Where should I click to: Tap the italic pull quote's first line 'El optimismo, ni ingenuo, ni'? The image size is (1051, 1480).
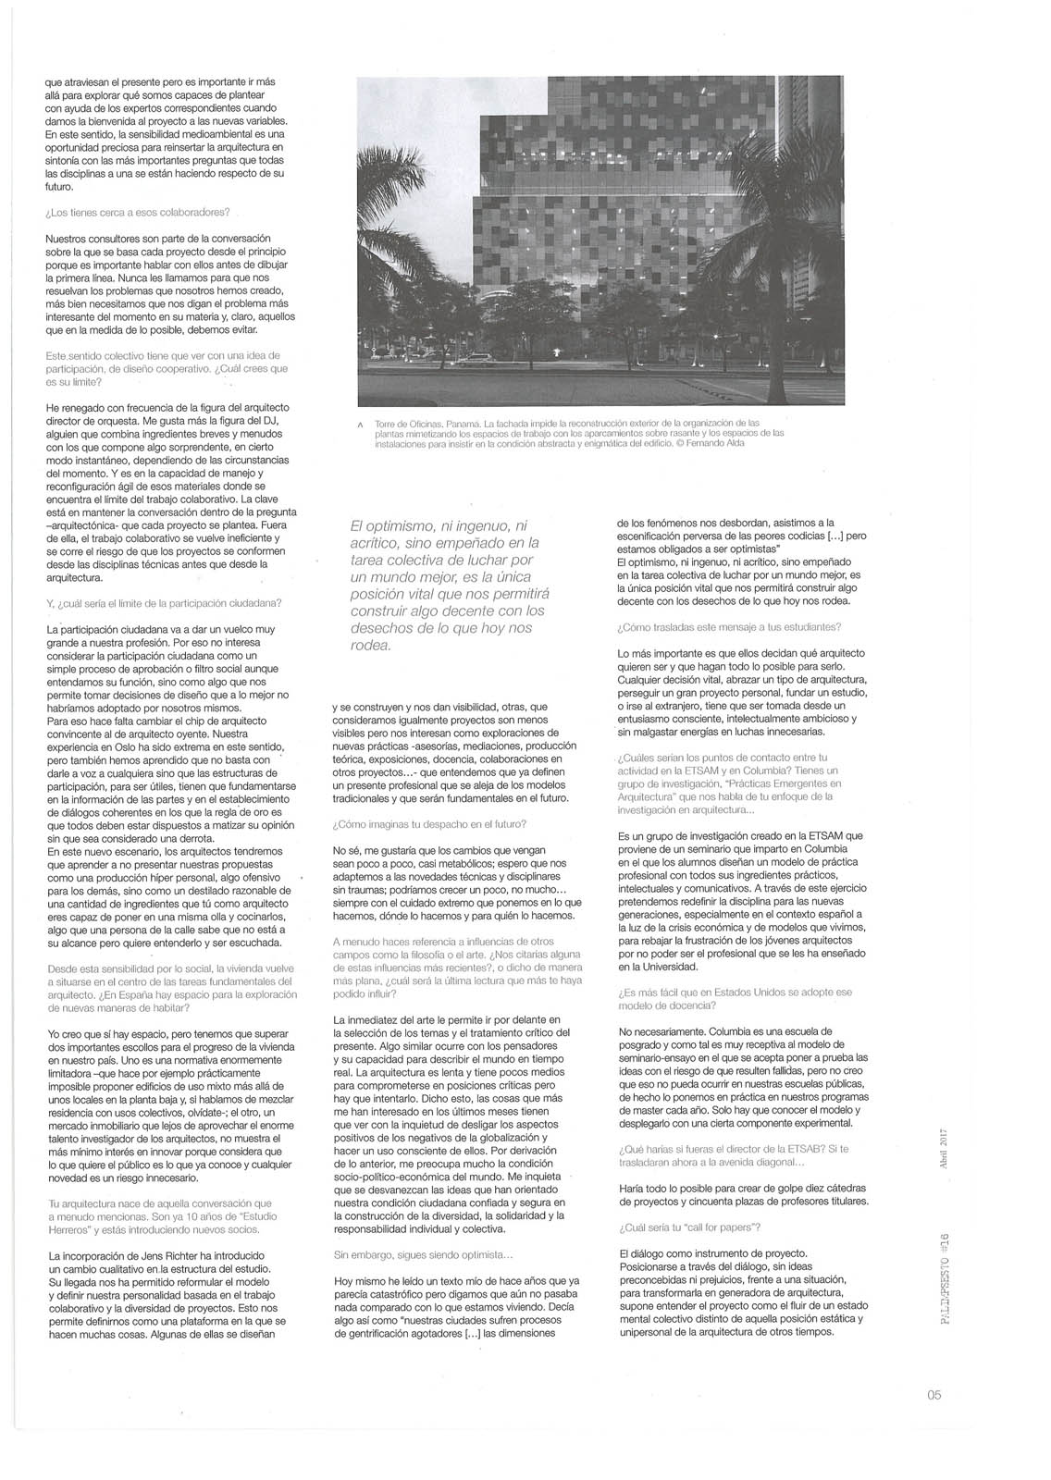pyautogui.click(x=438, y=525)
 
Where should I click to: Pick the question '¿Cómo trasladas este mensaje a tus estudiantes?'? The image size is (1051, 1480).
pyautogui.click(x=729, y=627)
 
